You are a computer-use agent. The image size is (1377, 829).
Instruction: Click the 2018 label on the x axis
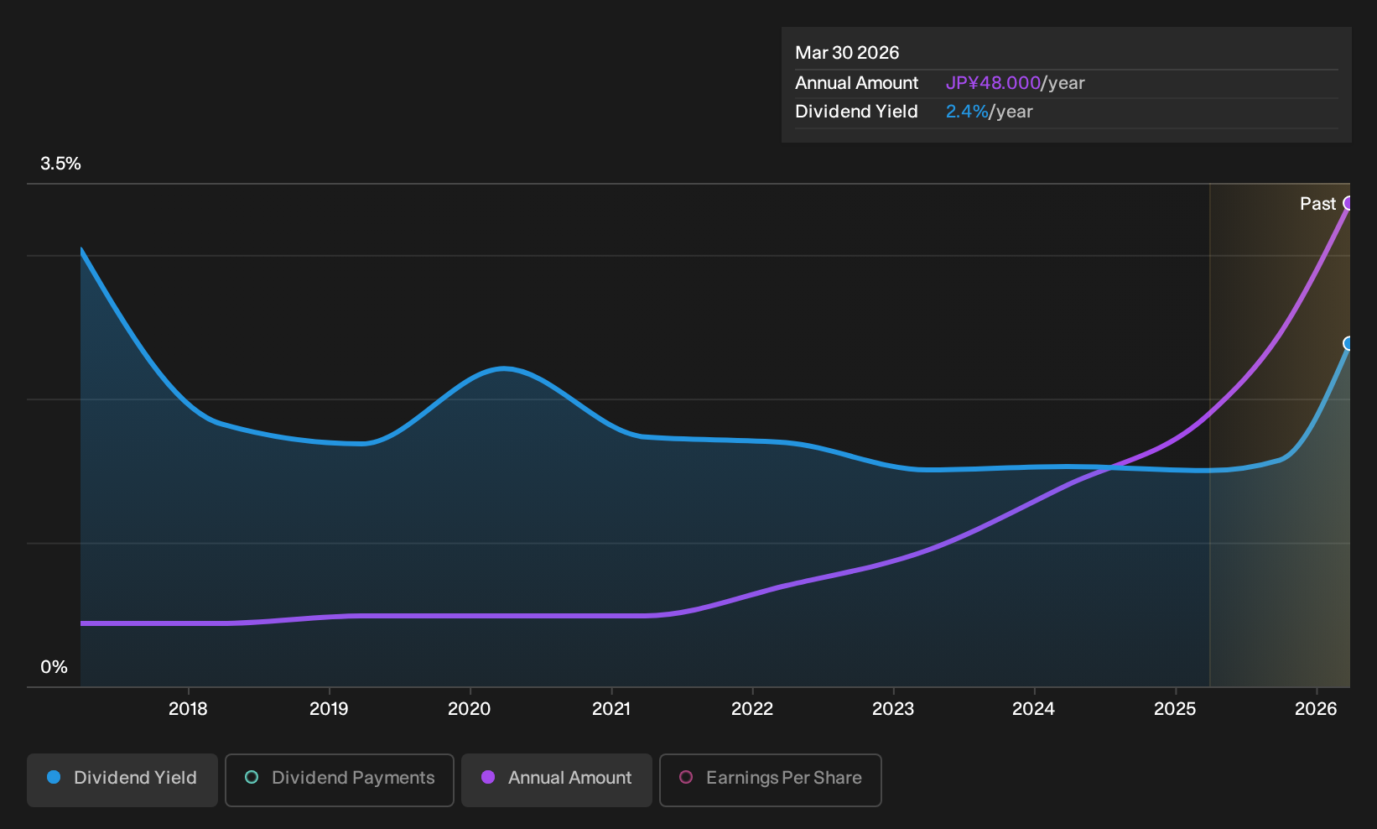coord(188,709)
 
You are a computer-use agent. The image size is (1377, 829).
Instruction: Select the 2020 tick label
coord(469,709)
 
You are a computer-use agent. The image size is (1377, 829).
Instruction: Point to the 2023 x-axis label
coord(892,709)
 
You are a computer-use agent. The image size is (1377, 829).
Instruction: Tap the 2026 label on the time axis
coord(1316,709)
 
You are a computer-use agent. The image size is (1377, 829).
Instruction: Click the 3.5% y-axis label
coord(60,164)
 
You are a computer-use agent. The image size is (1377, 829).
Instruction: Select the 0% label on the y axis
coord(54,667)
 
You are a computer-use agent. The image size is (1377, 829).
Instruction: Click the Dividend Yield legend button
coord(122,779)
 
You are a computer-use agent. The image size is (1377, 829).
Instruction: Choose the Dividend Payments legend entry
coord(340,779)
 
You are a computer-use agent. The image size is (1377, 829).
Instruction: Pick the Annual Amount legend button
coord(556,779)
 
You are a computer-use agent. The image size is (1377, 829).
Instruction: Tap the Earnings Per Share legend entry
coord(770,779)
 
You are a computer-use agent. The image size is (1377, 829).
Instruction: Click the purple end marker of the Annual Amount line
coord(1348,203)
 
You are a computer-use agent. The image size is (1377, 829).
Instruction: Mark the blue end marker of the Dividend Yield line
coord(1348,343)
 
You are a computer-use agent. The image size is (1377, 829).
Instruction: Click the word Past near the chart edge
coord(1317,204)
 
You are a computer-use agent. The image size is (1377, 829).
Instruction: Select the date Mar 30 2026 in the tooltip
coord(846,53)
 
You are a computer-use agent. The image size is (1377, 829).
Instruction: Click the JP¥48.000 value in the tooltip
coord(993,83)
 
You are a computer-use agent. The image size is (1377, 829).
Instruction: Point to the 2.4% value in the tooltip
coord(966,112)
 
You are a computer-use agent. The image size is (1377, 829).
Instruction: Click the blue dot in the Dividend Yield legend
coord(55,777)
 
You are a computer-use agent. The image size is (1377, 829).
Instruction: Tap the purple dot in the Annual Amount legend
coord(488,777)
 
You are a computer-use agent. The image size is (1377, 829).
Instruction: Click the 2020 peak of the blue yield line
coord(503,368)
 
